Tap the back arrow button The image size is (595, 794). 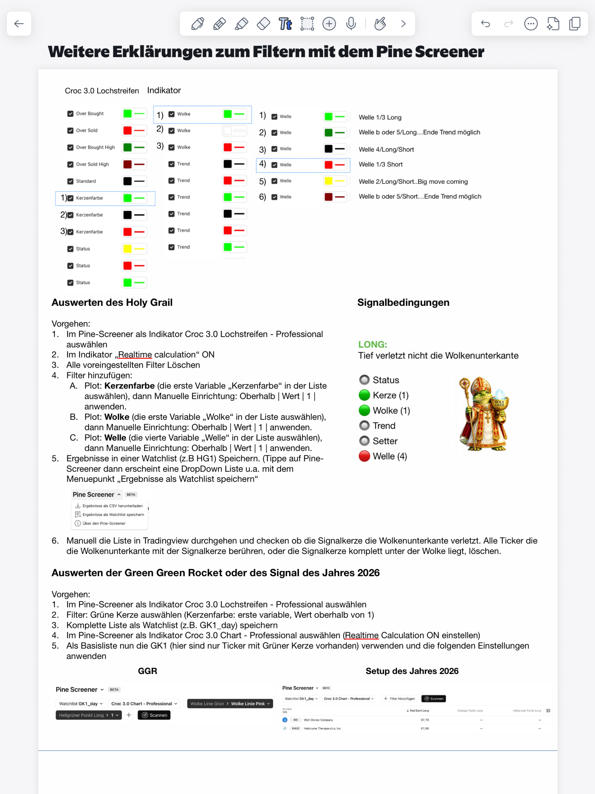click(19, 24)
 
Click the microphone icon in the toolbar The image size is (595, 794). click(351, 24)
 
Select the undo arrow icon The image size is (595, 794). click(485, 24)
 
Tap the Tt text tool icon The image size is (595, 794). click(285, 24)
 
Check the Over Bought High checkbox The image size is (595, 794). click(70, 148)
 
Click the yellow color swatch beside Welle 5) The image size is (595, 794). click(328, 181)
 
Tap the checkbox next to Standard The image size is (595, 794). click(70, 181)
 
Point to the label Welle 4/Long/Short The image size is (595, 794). click(386, 149)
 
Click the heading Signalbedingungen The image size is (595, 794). click(403, 302)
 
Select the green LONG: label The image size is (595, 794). click(373, 344)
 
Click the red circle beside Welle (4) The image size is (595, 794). click(364, 456)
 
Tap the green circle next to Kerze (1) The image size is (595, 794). click(364, 395)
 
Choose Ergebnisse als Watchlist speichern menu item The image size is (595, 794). click(113, 515)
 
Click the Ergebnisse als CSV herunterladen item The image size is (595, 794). click(112, 506)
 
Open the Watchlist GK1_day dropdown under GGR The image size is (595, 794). click(81, 703)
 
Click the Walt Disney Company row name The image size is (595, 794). click(318, 720)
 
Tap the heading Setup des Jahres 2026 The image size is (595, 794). click(412, 671)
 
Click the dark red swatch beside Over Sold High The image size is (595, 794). click(127, 165)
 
